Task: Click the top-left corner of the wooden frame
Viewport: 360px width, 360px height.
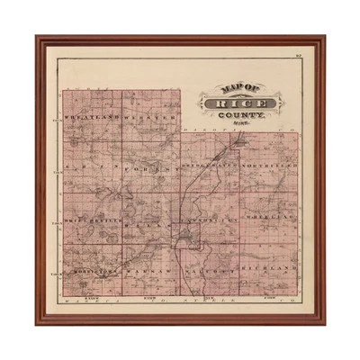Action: [x=38, y=38]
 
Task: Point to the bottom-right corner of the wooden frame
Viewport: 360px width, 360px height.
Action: [x=324, y=322]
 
